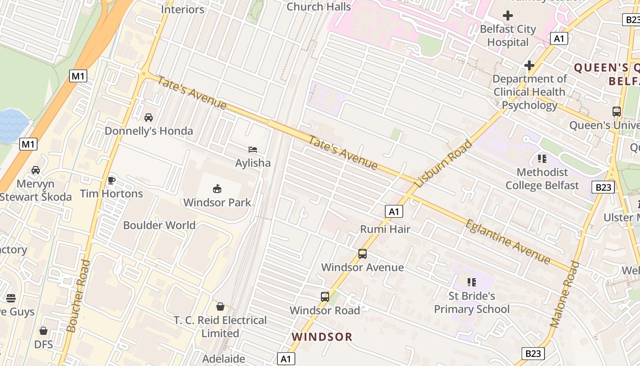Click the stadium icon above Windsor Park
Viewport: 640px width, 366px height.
point(217,188)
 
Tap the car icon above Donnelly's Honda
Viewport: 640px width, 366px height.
point(149,118)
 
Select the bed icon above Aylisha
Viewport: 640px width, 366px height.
point(253,150)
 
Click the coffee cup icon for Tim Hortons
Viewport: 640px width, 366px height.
point(111,180)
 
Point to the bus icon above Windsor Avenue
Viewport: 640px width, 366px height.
point(363,254)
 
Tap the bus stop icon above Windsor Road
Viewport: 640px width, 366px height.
point(325,297)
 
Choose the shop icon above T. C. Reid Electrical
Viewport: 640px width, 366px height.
point(220,307)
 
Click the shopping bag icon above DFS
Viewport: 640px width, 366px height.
point(43,331)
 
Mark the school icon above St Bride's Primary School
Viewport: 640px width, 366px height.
point(471,282)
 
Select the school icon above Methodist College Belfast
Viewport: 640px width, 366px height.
point(542,159)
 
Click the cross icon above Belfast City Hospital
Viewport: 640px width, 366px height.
point(507,16)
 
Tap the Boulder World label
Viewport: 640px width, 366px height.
point(159,225)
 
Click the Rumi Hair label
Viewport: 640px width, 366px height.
point(385,229)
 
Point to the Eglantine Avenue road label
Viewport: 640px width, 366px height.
point(508,242)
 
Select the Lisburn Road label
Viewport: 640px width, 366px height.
point(443,164)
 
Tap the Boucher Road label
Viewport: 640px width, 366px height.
point(78,296)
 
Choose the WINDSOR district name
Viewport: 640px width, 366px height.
point(322,337)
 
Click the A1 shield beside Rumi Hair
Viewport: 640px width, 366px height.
point(394,211)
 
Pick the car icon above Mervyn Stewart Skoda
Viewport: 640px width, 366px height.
point(36,170)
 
